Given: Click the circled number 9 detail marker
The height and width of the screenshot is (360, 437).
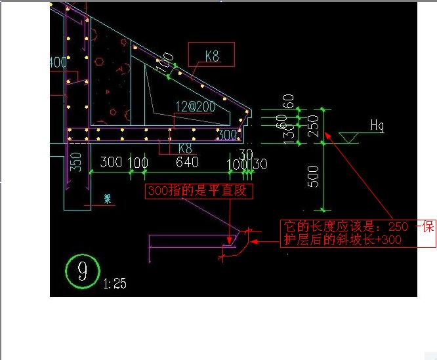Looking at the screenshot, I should (83, 270).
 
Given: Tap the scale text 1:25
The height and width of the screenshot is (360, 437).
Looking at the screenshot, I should (115, 283).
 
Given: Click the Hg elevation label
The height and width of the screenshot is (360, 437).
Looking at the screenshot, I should (377, 125).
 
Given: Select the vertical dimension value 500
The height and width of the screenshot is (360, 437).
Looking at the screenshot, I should (313, 176).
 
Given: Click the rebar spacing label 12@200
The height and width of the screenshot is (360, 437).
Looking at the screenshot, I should (195, 106).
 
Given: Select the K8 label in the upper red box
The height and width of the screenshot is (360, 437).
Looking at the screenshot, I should (212, 56).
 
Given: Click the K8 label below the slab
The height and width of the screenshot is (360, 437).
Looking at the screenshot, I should (184, 149).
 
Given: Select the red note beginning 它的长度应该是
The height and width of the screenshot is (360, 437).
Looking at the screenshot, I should (358, 233).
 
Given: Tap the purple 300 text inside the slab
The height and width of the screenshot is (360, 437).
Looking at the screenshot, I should (227, 135).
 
